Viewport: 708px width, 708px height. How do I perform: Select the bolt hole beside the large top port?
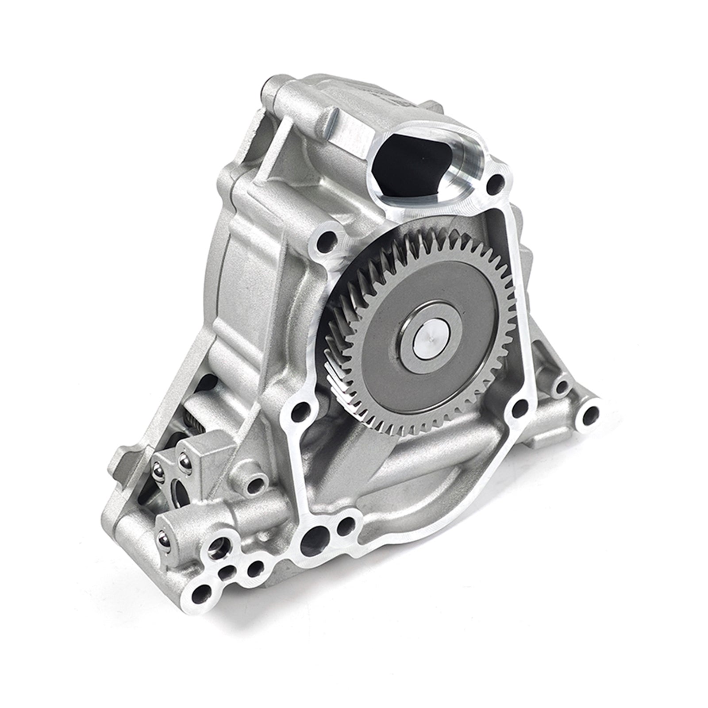click(496, 182)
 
